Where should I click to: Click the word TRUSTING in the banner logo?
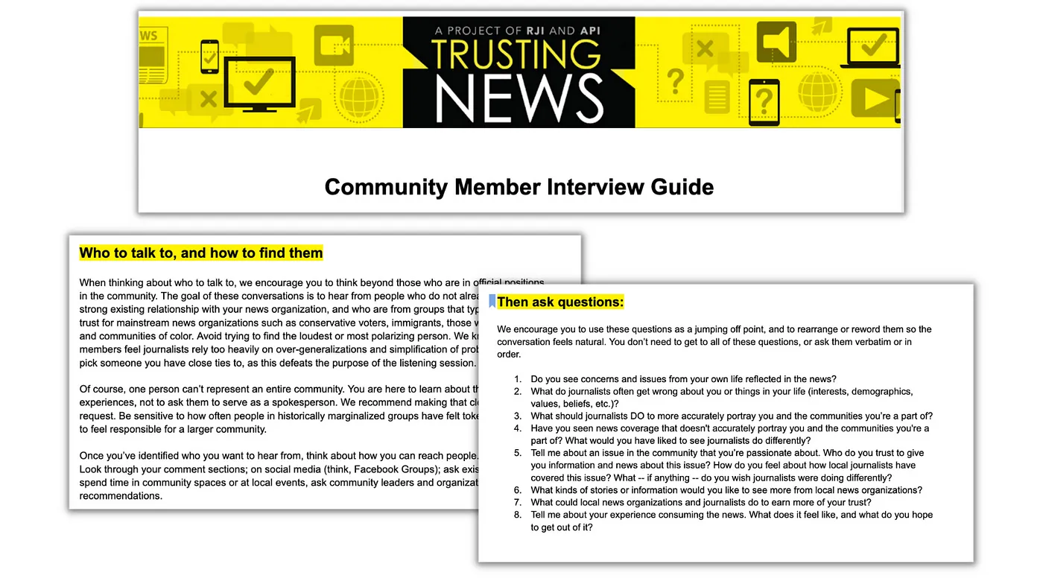coord(516,54)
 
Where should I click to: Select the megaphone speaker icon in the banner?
coord(777,42)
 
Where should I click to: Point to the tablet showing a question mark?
coord(764,102)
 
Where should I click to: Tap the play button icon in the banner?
coord(874,99)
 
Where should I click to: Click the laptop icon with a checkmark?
coord(868,44)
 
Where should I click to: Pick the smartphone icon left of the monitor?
coord(209,56)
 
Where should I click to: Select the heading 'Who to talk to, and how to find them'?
coord(201,253)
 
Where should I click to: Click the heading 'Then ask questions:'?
coord(560,302)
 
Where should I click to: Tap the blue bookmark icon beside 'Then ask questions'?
coord(492,301)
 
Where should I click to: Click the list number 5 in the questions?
coord(517,453)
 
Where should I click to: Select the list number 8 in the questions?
coord(517,515)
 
